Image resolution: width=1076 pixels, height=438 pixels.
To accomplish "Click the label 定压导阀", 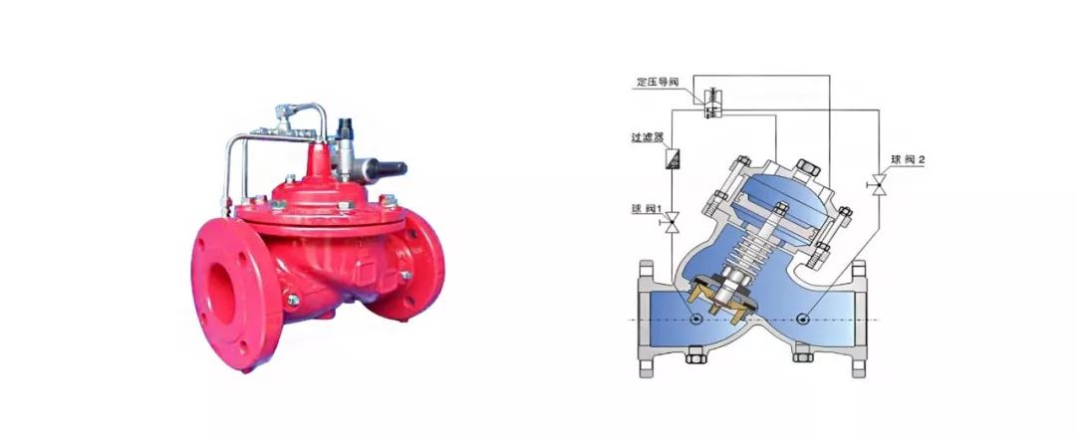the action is tap(658, 82).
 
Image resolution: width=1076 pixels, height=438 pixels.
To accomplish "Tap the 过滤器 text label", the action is tap(648, 137).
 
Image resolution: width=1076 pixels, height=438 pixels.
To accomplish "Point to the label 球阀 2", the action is tap(908, 159).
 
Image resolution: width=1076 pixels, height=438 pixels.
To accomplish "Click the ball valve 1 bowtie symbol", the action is tap(672, 221).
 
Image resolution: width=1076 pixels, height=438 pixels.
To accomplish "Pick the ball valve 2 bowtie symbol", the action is tap(878, 184).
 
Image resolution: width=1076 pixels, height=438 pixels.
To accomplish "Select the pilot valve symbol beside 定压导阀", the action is tap(711, 103).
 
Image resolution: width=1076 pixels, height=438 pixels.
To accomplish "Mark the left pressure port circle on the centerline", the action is tap(696, 319).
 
